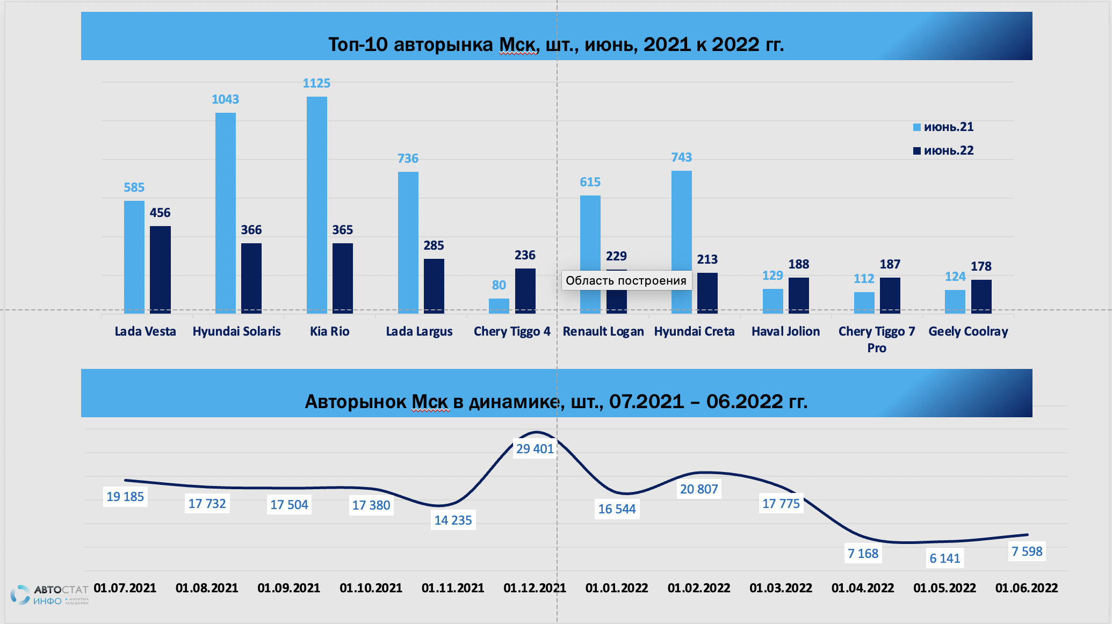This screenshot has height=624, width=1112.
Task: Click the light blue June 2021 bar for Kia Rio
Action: [316, 204]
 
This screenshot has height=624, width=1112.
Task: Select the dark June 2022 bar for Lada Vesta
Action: [160, 269]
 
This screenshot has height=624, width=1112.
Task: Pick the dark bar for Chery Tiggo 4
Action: [525, 290]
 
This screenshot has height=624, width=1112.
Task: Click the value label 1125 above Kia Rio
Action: [316, 83]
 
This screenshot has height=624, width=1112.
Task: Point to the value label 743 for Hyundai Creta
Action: [681, 157]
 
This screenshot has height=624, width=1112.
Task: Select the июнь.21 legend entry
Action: [943, 127]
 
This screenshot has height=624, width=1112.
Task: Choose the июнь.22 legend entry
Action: [943, 151]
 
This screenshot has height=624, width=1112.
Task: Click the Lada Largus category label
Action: [419, 331]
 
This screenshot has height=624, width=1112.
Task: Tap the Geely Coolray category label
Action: [968, 331]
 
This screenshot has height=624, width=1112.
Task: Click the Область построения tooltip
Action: [626, 280]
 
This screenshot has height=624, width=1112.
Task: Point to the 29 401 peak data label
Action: [535, 449]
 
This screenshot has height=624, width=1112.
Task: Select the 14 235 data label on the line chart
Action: [453, 520]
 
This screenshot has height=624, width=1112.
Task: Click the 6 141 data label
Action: [944, 558]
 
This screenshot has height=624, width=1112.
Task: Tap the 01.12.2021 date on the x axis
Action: [535, 588]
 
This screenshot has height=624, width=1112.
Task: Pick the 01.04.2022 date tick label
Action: [863, 588]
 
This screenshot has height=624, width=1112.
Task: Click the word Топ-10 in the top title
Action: [358, 45]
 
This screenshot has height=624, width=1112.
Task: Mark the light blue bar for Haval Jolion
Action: [772, 301]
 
